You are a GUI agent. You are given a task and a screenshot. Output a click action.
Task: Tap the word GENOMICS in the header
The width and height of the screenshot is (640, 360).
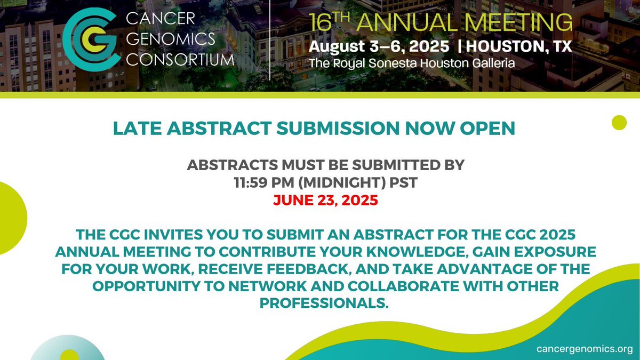point(171,39)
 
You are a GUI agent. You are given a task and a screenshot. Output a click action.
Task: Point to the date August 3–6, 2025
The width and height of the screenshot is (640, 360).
point(381,46)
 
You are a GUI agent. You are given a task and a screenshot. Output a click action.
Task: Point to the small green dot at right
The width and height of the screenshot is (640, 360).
point(619,122)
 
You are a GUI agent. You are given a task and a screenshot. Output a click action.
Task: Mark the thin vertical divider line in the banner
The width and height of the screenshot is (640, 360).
point(270,40)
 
